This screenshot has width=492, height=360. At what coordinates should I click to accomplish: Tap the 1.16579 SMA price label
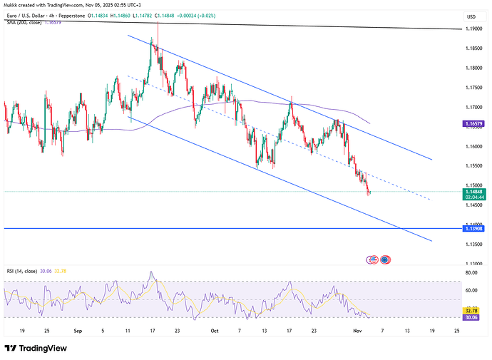point(471,123)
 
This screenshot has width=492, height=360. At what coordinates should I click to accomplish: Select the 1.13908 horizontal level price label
point(471,229)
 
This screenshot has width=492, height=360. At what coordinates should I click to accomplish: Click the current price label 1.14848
point(471,192)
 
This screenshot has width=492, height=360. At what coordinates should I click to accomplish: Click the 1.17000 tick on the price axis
point(471,108)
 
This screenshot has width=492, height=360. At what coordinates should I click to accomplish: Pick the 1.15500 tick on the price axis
point(471,166)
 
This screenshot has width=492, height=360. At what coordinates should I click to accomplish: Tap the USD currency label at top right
point(471,16)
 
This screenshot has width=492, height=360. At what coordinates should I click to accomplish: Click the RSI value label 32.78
point(471,311)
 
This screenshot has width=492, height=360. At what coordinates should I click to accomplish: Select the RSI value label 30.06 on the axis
point(471,317)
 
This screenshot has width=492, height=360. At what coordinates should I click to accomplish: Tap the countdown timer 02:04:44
point(471,197)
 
